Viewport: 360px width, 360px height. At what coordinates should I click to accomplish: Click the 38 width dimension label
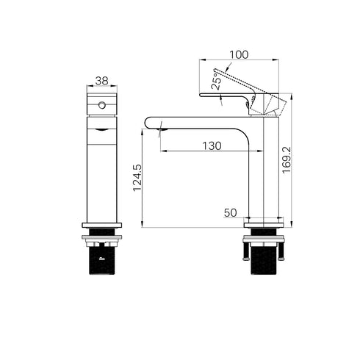click(x=101, y=81)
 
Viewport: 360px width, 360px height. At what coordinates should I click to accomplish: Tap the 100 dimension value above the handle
click(x=239, y=55)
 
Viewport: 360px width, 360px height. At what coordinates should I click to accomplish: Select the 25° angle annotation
click(x=217, y=81)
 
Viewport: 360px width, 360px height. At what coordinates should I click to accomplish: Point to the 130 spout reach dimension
click(x=212, y=146)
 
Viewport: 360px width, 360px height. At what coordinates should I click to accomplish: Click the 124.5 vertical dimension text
click(x=137, y=178)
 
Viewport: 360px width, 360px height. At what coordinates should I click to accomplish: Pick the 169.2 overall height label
click(x=287, y=160)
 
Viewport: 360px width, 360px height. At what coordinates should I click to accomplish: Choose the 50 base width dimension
click(x=231, y=213)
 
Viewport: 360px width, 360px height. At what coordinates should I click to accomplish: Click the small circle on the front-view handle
click(x=102, y=105)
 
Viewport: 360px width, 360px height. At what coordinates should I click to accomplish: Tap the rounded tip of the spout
click(x=148, y=123)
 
